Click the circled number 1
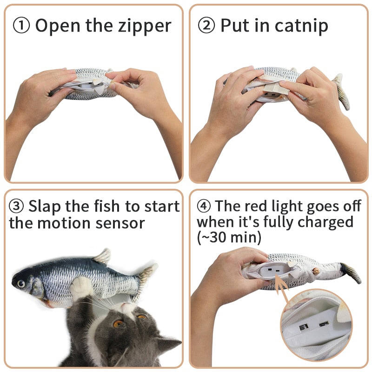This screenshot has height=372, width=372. click(21, 26)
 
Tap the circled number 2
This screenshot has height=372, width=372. click(206, 26)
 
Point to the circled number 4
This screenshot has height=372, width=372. click(204, 206)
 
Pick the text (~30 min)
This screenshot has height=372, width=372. click(229, 238)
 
